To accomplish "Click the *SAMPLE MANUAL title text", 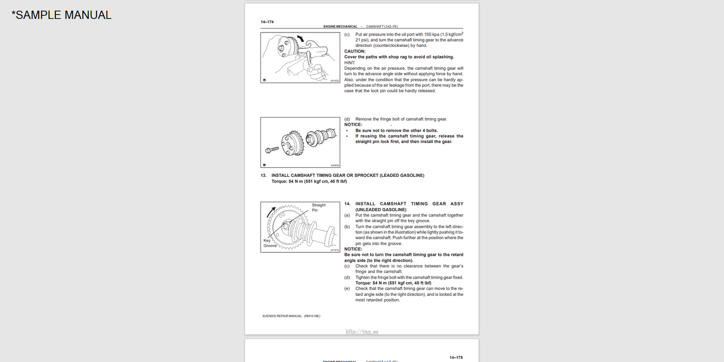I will (61, 15).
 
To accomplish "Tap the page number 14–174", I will (267, 22).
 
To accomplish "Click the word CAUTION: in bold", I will (355, 51).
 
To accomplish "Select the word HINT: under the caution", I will (350, 63).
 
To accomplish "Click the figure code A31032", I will (334, 80).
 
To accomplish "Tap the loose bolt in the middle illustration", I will (272, 149).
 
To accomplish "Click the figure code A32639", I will (334, 165).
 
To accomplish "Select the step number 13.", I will (264, 175).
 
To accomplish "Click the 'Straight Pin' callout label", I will (318, 207).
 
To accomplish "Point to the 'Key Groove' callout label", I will (270, 243).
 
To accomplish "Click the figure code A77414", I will (334, 250).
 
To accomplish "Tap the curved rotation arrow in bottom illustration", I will (272, 212).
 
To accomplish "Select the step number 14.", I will (347, 204).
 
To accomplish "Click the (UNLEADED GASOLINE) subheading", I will (381, 209).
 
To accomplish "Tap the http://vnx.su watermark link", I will (361, 331).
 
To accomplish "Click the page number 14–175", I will (456, 357).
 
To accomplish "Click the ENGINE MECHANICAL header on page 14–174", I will (340, 26).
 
